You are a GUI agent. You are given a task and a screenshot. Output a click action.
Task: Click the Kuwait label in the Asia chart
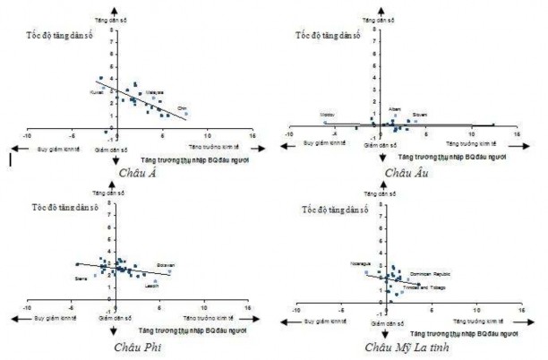click(x=97, y=92)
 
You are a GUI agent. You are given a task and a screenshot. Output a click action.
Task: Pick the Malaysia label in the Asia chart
click(x=154, y=91)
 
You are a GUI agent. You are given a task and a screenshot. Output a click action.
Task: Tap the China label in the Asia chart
click(x=182, y=108)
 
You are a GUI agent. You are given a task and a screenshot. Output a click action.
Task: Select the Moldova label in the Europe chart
click(x=328, y=115)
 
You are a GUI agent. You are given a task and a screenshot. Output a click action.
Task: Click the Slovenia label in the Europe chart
click(x=420, y=116)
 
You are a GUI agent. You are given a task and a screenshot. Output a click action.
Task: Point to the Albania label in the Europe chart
click(x=395, y=108)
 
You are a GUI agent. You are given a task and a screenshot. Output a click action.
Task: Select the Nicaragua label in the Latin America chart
click(x=362, y=264)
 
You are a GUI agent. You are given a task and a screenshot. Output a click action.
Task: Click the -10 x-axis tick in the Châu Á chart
click(x=27, y=134)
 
